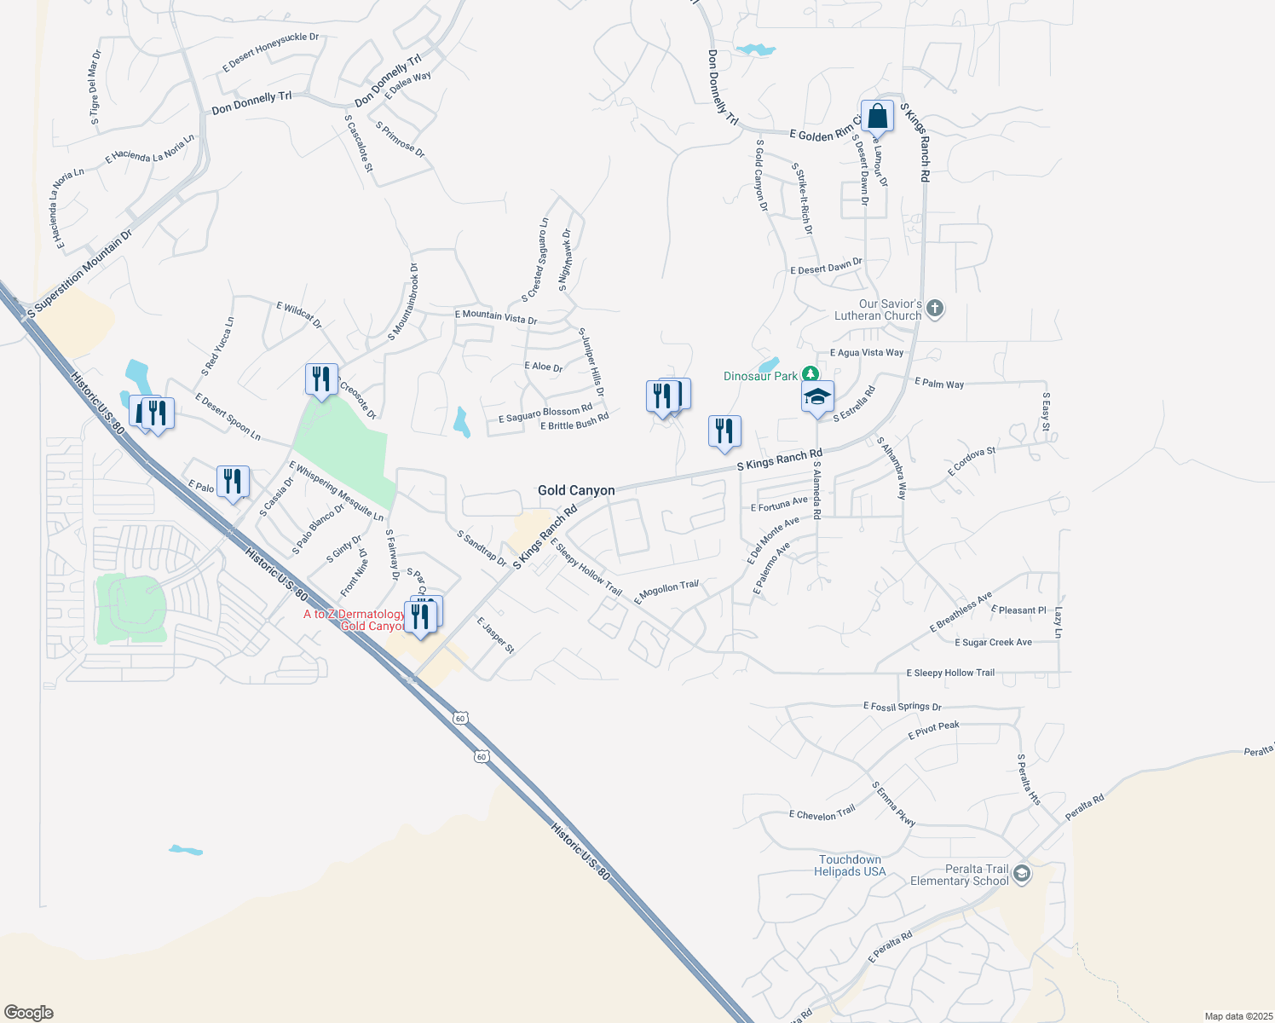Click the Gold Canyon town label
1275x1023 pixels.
pyautogui.click(x=576, y=490)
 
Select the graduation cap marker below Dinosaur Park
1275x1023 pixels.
pyautogui.click(x=817, y=397)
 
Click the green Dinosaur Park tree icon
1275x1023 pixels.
pyautogui.click(x=811, y=374)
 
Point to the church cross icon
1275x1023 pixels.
pyautogui.click(x=935, y=309)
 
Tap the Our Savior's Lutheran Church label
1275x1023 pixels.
pyautogui.click(x=878, y=309)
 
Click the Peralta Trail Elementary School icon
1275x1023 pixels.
pyautogui.click(x=1022, y=874)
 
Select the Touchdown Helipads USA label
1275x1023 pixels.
pyautogui.click(x=850, y=865)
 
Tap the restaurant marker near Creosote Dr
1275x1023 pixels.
pyautogui.click(x=321, y=379)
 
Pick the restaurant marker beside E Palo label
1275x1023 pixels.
pyautogui.click(x=233, y=482)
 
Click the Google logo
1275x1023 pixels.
pyautogui.click(x=29, y=1013)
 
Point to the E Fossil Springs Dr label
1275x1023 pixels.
pyautogui.click(x=902, y=707)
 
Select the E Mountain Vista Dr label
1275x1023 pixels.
pyautogui.click(x=496, y=317)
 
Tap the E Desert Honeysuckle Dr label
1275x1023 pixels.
pyautogui.click(x=270, y=52)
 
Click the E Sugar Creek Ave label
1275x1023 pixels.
pyautogui.click(x=993, y=643)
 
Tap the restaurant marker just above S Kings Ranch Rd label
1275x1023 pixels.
pyautogui.click(x=724, y=431)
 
